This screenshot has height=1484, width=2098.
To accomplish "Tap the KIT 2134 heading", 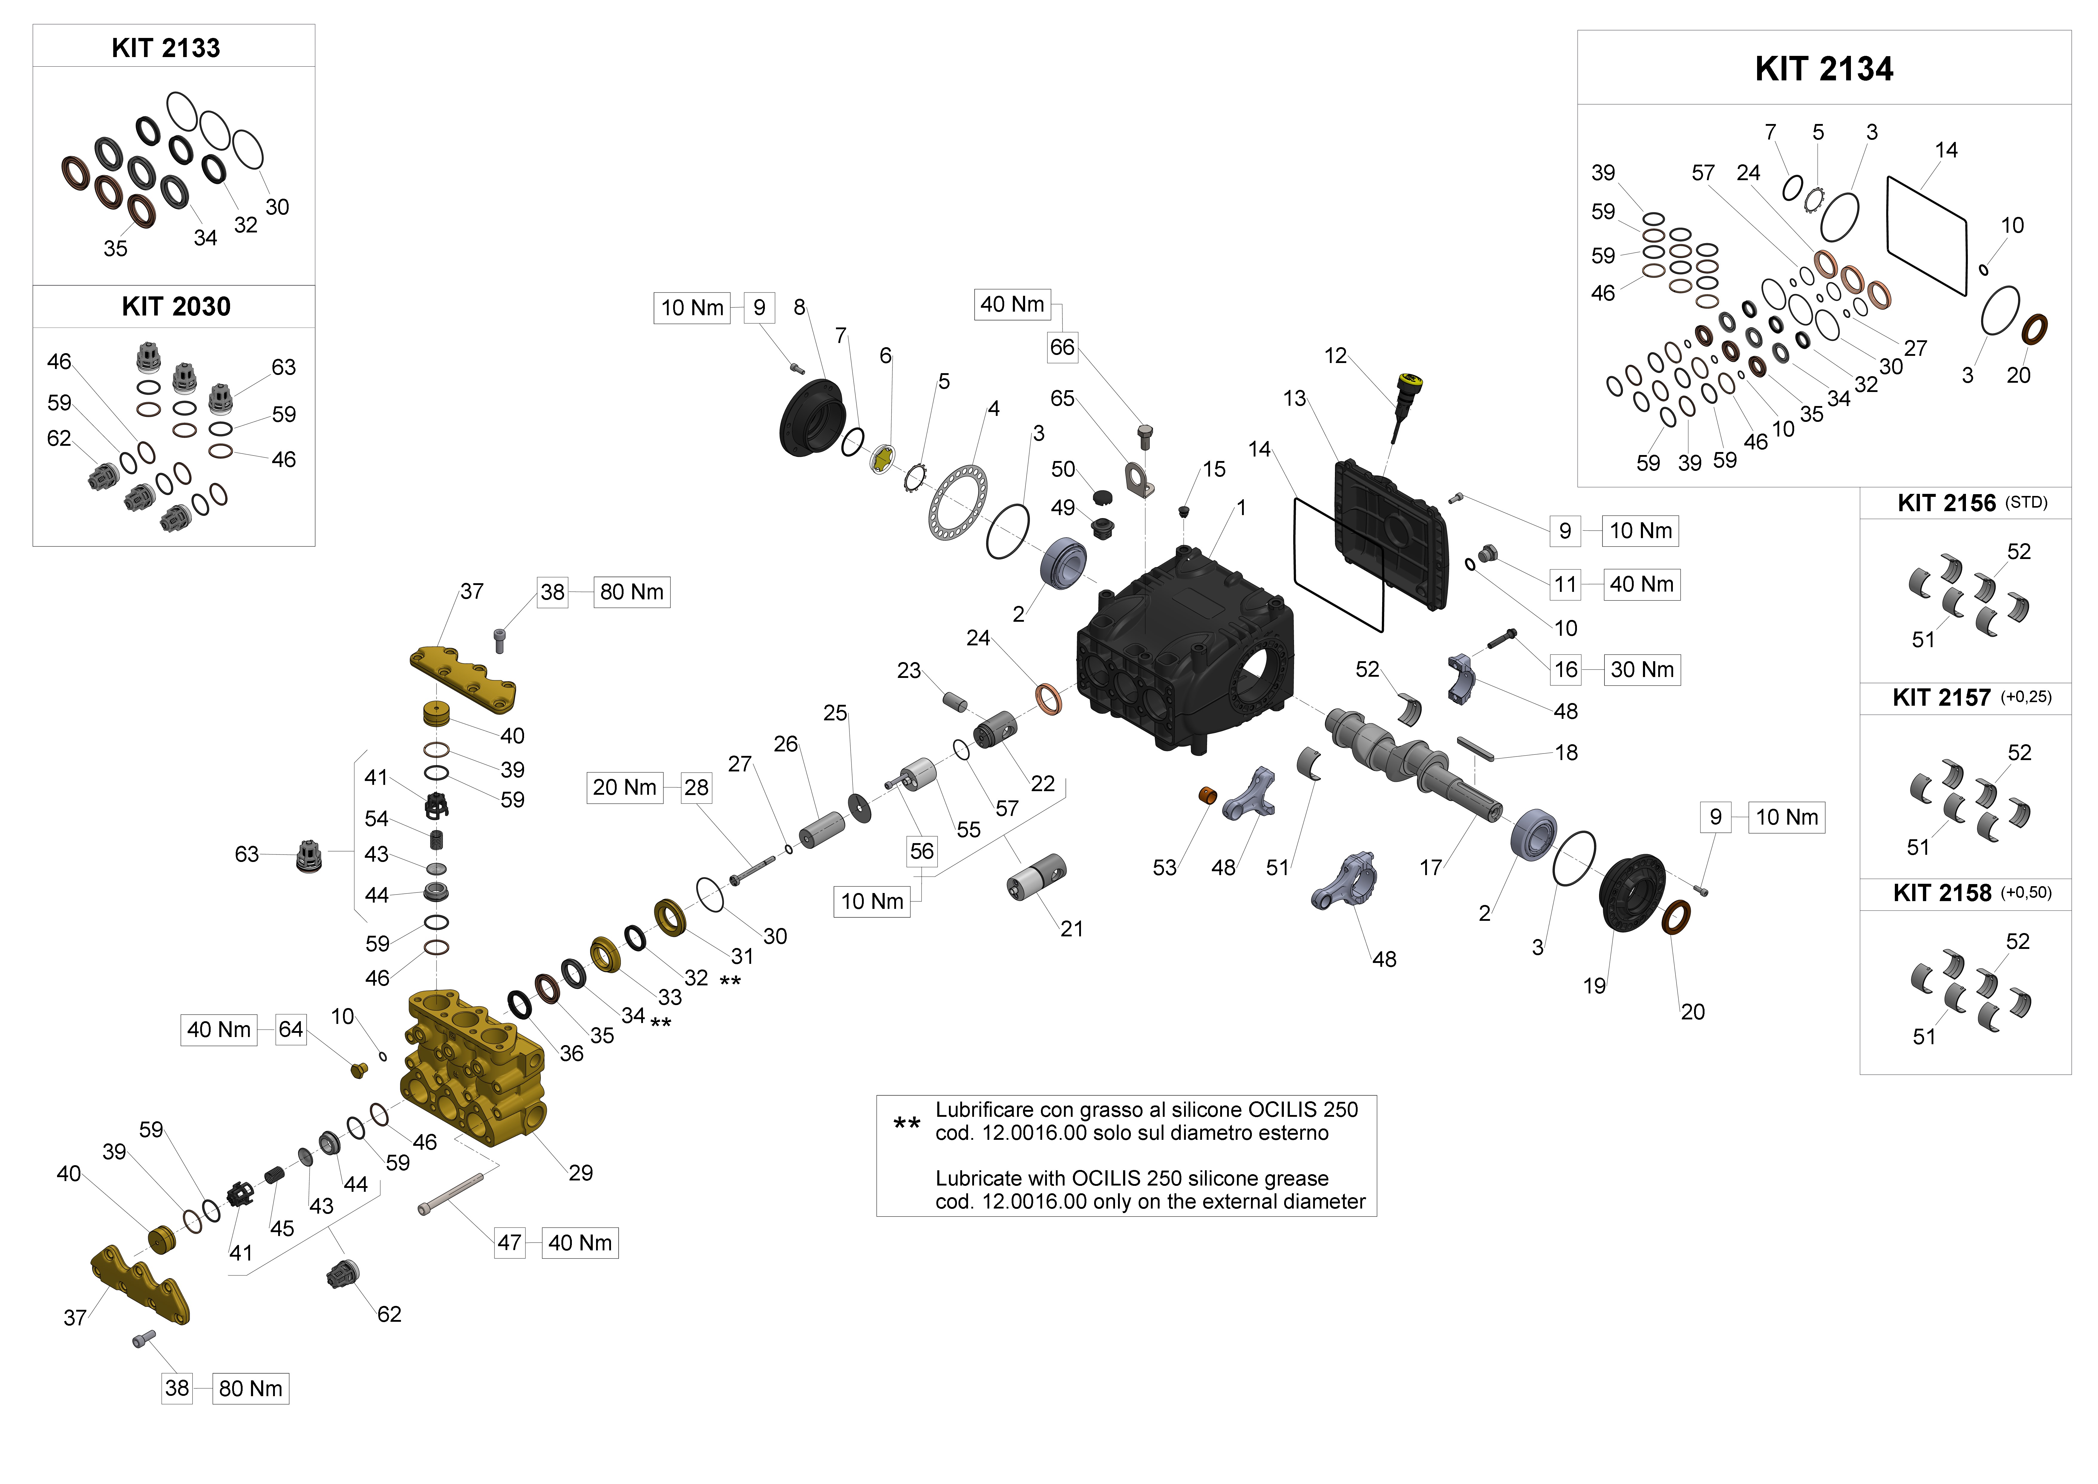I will tap(1824, 68).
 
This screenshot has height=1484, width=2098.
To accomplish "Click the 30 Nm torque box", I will tap(1642, 670).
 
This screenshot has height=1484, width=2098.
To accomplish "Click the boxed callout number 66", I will tap(1062, 347).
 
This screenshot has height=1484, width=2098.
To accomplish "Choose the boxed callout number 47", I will tap(509, 1243).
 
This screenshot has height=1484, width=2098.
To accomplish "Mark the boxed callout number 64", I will tap(291, 1030).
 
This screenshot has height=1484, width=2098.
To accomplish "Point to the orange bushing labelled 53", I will tap(1207, 795).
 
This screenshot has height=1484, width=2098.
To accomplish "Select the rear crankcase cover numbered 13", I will tap(1389, 535).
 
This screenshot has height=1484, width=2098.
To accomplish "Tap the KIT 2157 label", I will tap(1942, 697).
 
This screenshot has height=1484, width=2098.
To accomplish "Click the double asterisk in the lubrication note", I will tap(906, 1123).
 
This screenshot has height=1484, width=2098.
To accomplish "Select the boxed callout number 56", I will tap(921, 852).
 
